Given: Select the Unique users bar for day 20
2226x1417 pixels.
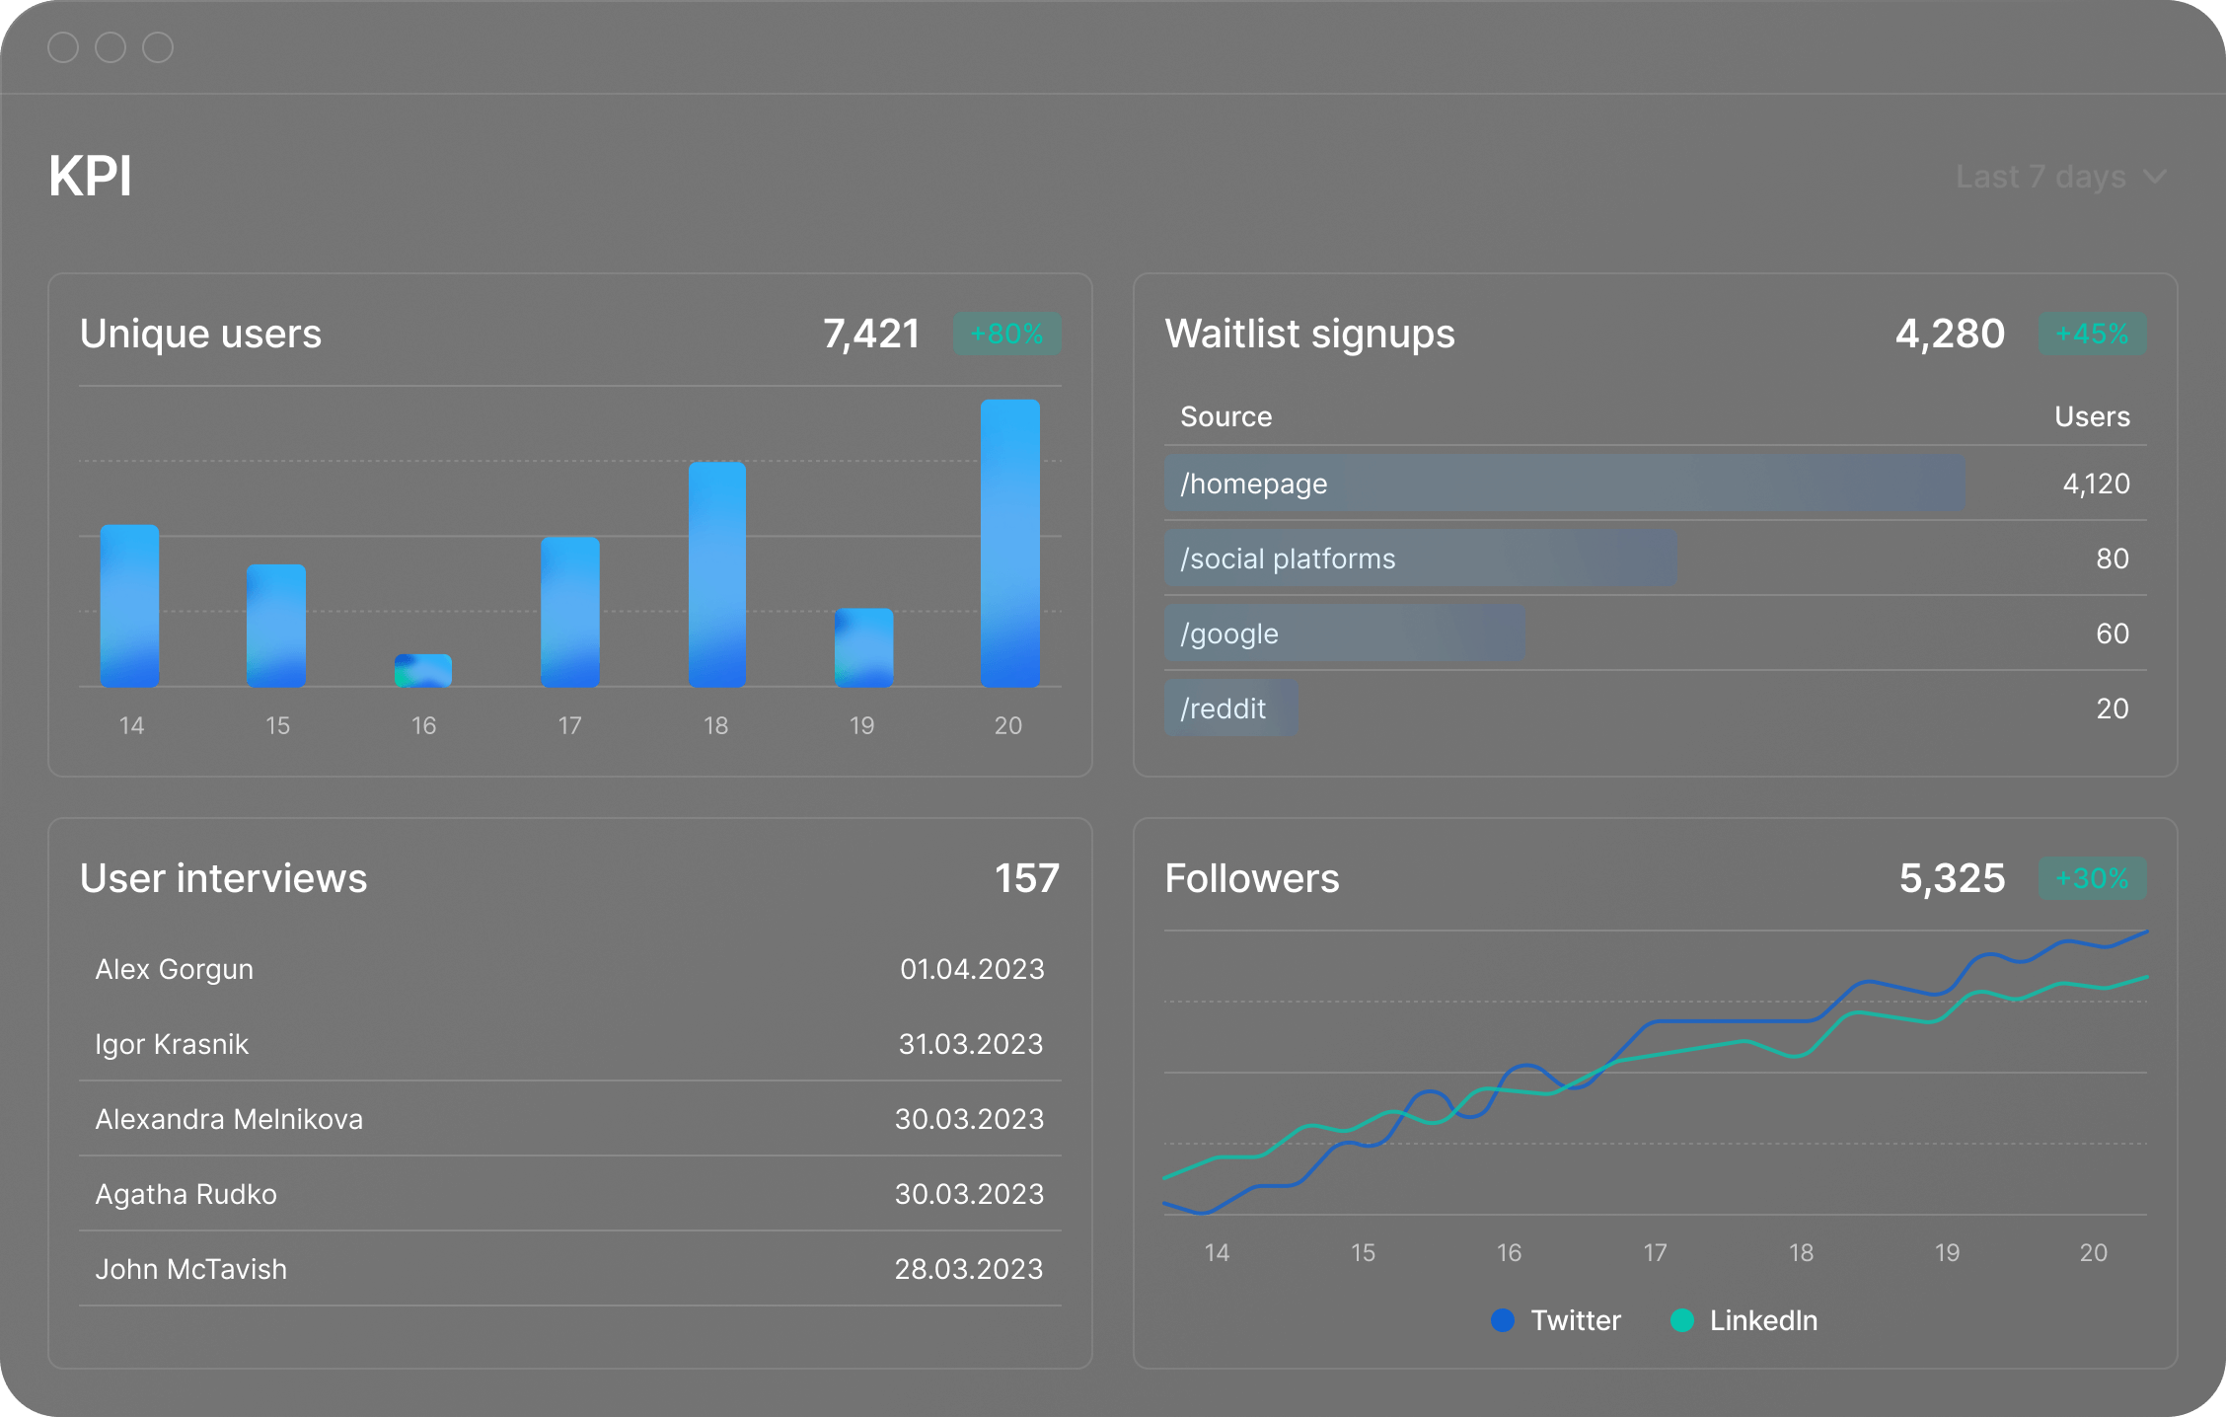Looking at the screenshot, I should coord(1009,543).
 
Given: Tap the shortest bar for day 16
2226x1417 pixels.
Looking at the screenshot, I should coord(423,670).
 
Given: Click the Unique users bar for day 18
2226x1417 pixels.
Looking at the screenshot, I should coord(716,574).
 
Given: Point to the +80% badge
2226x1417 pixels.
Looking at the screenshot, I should coord(1006,334).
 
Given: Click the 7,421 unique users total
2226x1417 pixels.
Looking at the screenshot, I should coord(871,334).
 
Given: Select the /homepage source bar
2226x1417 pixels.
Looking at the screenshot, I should coord(1564,484).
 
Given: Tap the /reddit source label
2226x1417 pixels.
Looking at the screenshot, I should coord(1224,708).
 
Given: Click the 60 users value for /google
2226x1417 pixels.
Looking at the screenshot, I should coord(2112,634).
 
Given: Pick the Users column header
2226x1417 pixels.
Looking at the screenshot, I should coord(2092,416).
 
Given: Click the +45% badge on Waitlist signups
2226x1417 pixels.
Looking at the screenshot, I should coord(2092,334).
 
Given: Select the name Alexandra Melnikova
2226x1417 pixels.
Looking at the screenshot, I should coord(229,1119).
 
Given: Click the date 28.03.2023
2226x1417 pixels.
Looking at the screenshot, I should coord(968,1269).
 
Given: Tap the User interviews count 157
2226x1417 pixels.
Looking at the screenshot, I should coord(1026,878).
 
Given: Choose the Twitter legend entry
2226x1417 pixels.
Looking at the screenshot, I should coord(1575,1320).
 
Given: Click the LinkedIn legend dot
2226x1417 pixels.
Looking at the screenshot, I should coord(1682,1320).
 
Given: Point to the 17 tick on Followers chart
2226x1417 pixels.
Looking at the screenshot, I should coord(1655,1252).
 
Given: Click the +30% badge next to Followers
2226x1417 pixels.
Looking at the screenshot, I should coord(2092,878).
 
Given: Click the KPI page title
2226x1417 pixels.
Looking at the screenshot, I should coord(90,177).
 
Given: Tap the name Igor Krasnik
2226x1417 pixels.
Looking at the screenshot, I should coord(172,1044).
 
